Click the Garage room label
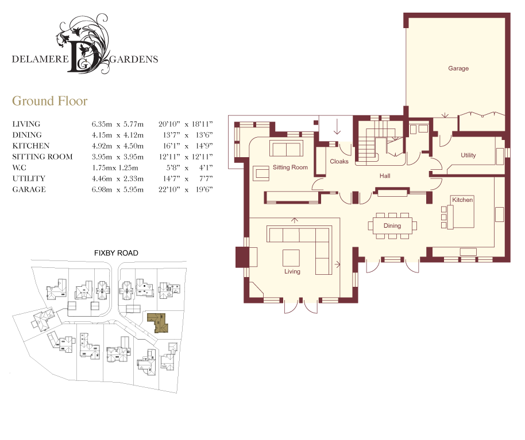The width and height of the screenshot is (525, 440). coord(458,68)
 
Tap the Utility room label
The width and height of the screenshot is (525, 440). coord(468,155)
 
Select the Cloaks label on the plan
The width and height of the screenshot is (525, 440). coord(339,162)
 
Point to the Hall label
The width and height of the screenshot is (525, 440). coord(385,176)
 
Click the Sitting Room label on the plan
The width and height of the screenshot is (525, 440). coord(290,168)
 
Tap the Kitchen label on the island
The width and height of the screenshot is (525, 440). coord(462,200)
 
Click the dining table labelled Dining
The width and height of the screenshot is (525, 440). coord(392,225)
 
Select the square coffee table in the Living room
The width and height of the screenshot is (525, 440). coord(291,258)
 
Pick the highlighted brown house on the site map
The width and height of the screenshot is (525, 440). coord(157,322)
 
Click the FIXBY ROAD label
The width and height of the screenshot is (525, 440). coord(116,253)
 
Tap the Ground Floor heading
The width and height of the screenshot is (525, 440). coord(49,101)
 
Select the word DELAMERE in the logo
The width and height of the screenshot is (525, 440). coord(40,59)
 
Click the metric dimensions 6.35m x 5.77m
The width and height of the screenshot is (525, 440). coord(118,124)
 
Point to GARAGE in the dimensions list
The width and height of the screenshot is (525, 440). coord(29,189)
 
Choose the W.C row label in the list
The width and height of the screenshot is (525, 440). coord(19,168)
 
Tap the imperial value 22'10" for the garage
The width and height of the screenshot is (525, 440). coord(169,189)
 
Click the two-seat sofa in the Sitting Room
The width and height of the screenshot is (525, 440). coord(286,149)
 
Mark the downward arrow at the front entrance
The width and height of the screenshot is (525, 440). coord(337,126)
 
